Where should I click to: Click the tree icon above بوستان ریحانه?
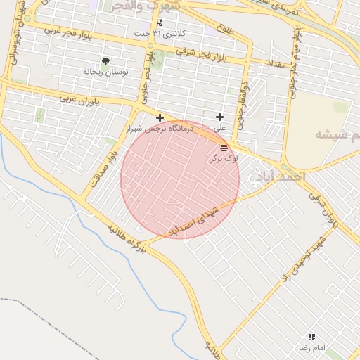coord(105,62)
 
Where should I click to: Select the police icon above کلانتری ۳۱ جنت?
coord(160,23)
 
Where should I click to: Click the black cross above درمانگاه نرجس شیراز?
coord(160,117)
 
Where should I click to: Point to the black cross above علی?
coord(220,117)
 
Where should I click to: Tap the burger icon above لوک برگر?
coord(224,148)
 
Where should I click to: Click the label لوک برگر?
coord(224,159)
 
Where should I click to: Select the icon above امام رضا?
coord(311,337)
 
